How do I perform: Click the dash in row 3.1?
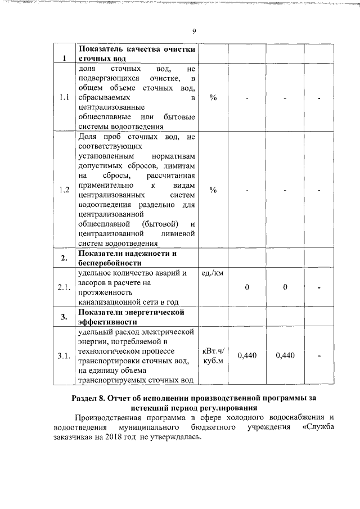point(319,355)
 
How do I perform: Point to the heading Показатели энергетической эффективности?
point(132,317)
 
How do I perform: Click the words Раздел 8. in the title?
point(92,398)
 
